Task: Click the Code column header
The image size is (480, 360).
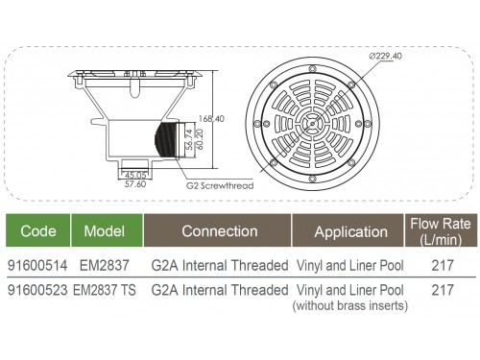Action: click(38, 230)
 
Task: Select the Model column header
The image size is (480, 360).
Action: click(105, 230)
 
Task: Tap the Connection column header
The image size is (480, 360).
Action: click(220, 230)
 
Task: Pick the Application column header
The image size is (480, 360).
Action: click(350, 231)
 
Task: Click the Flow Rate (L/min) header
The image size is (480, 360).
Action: click(441, 231)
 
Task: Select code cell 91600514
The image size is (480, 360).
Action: click(37, 265)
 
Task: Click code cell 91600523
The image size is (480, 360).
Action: click(37, 290)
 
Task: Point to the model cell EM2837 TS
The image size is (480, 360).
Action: click(105, 290)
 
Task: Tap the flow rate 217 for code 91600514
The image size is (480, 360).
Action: click(443, 265)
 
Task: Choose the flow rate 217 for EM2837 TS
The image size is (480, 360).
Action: click(443, 290)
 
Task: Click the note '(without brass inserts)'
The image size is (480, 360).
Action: click(350, 305)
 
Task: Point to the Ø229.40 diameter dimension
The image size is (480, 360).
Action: click(385, 56)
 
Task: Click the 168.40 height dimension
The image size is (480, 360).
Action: click(211, 119)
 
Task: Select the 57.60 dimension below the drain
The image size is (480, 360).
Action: click(135, 184)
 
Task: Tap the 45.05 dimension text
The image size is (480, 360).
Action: click(135, 175)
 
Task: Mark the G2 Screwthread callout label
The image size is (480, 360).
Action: click(220, 185)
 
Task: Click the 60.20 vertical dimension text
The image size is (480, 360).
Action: click(199, 139)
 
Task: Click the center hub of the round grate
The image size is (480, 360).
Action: click(312, 124)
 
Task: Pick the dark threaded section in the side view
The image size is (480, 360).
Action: click(166, 140)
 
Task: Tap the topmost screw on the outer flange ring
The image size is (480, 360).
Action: click(313, 69)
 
